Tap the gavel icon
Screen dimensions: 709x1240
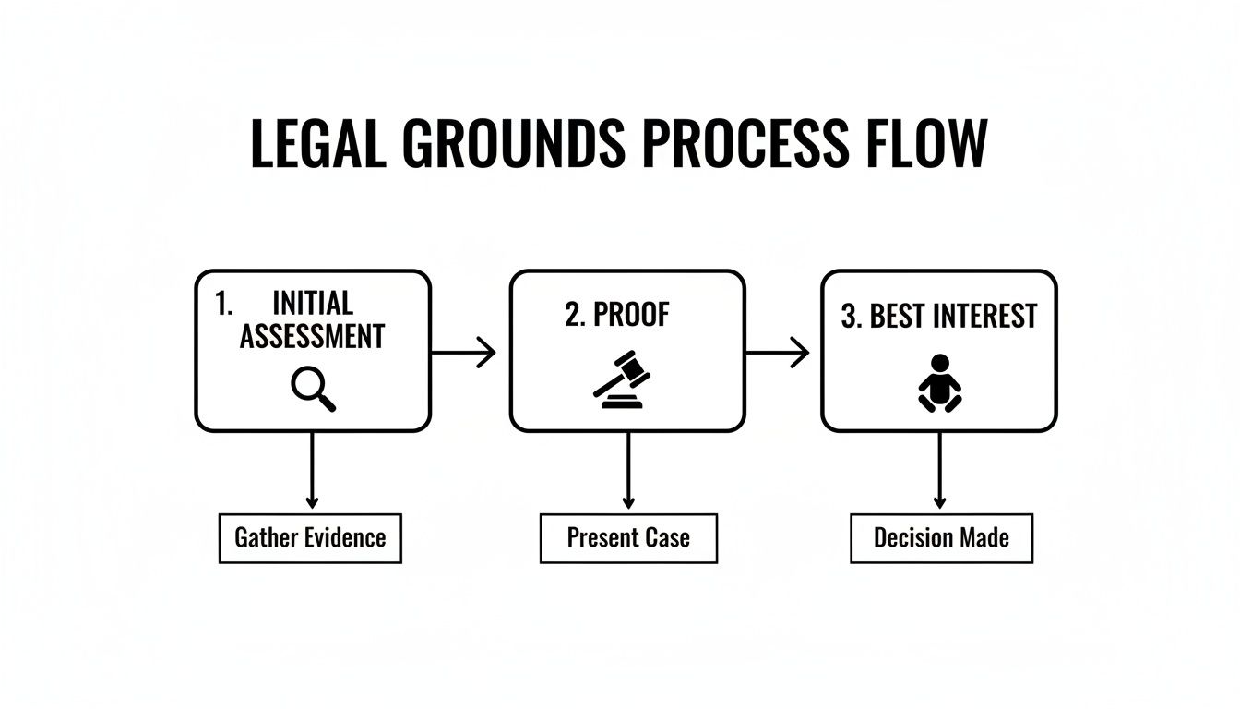pos(621,379)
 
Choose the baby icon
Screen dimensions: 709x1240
pos(939,383)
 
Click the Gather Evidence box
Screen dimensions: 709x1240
pos(310,538)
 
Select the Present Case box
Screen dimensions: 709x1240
pos(628,538)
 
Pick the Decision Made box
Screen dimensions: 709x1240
pos(941,538)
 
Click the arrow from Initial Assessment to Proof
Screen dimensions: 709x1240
pos(463,353)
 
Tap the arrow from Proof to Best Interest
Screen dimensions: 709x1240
pos(777,352)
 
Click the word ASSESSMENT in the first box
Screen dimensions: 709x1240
pos(312,337)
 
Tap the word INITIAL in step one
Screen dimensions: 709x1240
pos(313,304)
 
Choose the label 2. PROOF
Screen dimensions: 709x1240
pos(617,315)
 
